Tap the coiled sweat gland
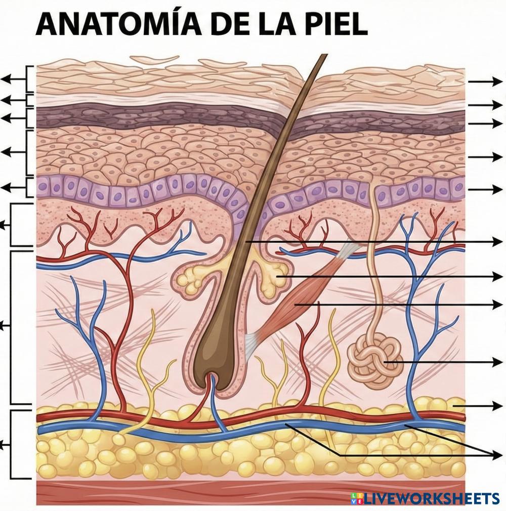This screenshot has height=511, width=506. point(374,361)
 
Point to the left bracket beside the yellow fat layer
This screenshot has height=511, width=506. point(13,444)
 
